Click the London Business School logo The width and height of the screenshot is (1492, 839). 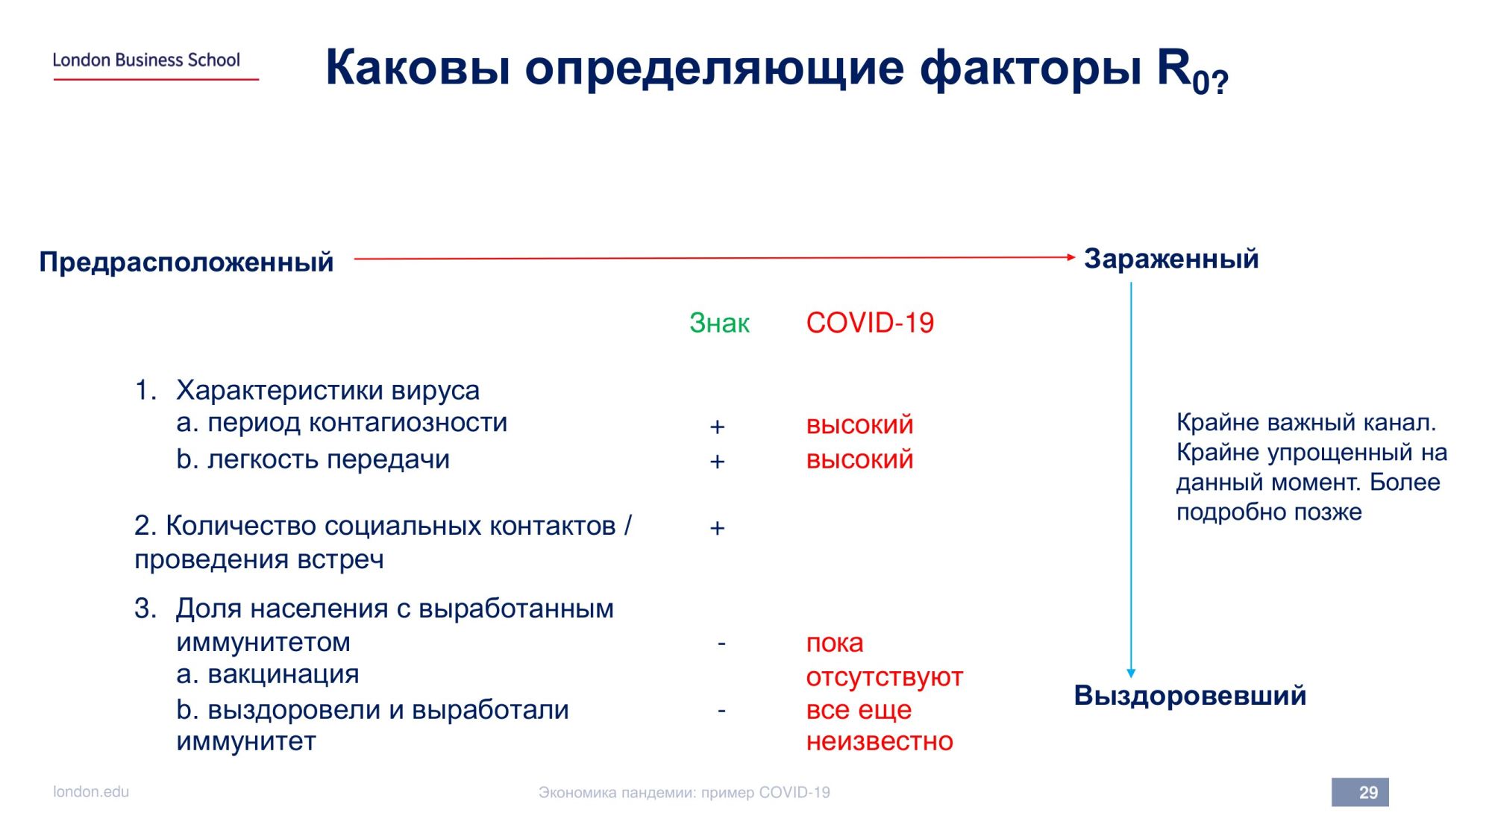pos(155,65)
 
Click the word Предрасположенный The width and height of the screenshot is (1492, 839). pos(186,263)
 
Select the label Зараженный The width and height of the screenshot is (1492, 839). pos(1171,259)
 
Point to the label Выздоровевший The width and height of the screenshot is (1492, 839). pos(1190,696)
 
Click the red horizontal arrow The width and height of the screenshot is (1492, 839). pos(715,258)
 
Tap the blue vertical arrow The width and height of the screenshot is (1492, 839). pos(1131,480)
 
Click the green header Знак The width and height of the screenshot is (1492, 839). pos(719,323)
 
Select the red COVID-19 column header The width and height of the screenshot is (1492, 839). pos(870,323)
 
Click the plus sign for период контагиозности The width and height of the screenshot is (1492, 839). pos(717,427)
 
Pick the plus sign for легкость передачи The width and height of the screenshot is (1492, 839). pos(717,462)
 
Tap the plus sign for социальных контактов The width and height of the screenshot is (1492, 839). pos(717,528)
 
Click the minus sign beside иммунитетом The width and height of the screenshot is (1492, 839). pos(721,643)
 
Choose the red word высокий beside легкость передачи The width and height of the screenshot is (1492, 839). pos(859,459)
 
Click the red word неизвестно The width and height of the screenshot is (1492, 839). pos(880,741)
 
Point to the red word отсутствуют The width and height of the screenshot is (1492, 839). pos(885,677)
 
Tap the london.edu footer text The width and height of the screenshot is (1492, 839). pos(91,791)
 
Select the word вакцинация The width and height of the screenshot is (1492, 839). pos(283,674)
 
